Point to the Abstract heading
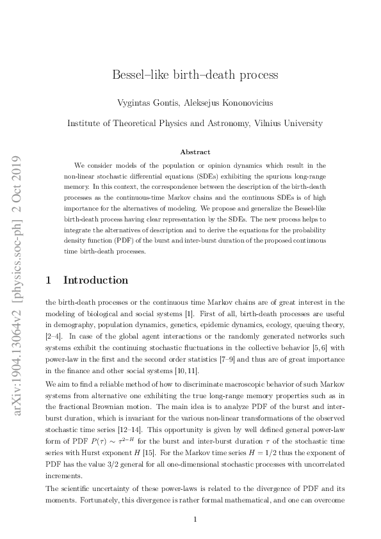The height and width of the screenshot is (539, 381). point(195,152)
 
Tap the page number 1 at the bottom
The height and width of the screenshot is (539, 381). point(195,519)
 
